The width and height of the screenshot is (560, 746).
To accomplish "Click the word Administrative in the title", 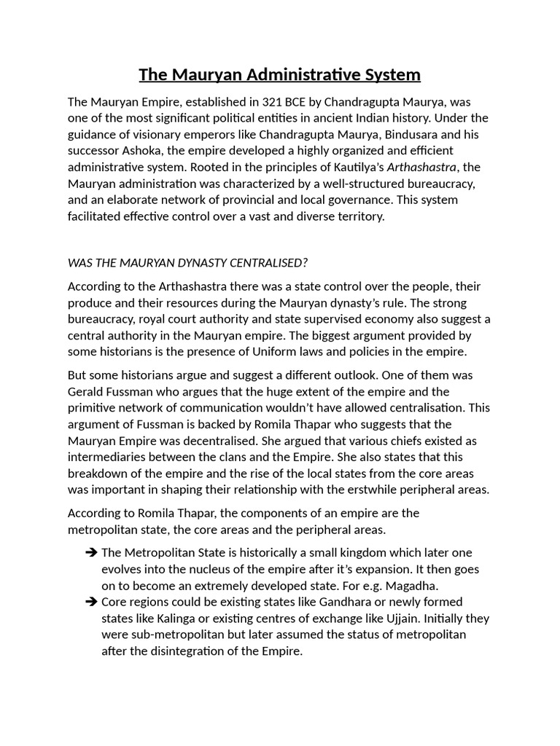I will (300, 74).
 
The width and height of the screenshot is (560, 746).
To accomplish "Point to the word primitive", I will (95, 408).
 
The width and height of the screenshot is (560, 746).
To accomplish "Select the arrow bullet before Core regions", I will (90, 602).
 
